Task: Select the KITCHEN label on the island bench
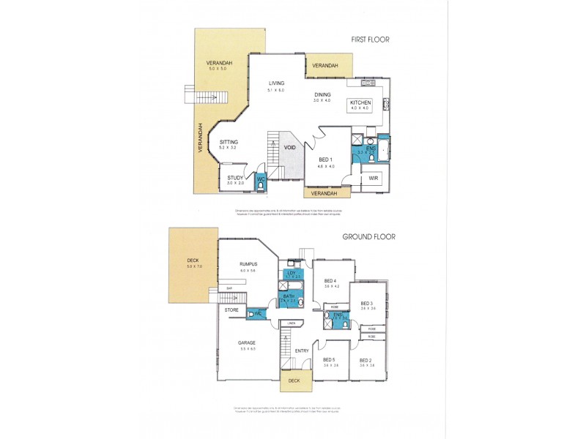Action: pos(360,102)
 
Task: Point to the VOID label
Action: pos(291,147)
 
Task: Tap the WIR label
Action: pos(374,177)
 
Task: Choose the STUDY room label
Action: pos(235,178)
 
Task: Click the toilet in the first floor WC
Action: pos(260,187)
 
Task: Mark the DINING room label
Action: pos(323,94)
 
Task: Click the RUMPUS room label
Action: pos(246,265)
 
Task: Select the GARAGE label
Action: pos(246,342)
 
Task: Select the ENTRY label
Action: pos(302,351)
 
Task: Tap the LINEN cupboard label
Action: pos(291,323)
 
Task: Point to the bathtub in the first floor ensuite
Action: pos(386,149)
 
